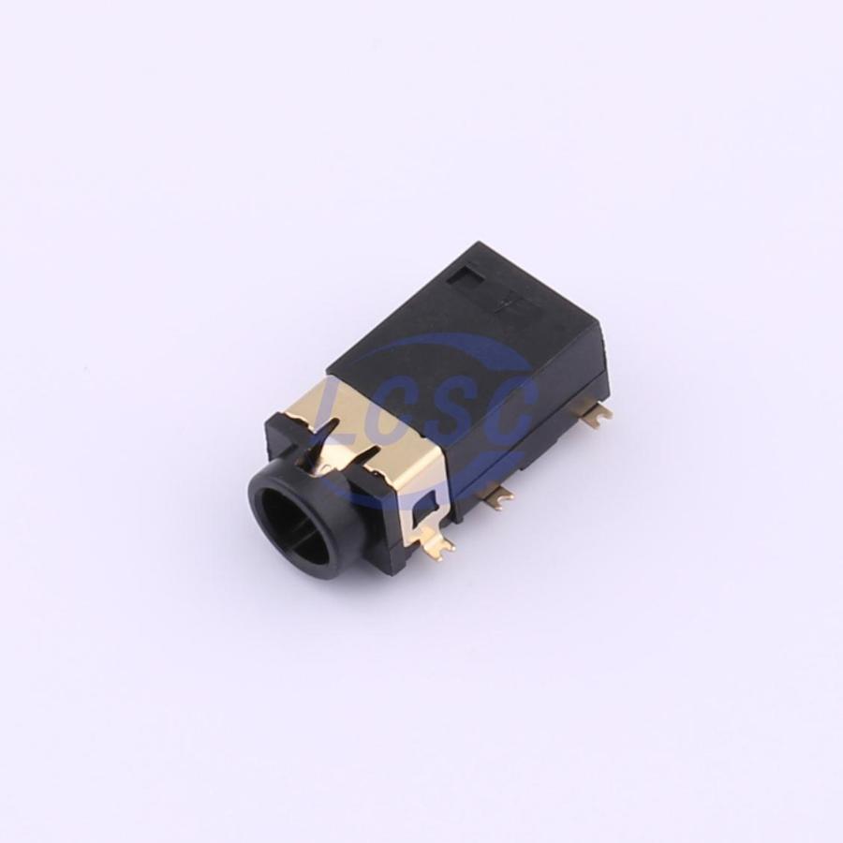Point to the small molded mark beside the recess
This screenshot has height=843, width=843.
click(507, 304)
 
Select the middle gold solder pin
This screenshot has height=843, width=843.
click(498, 495)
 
